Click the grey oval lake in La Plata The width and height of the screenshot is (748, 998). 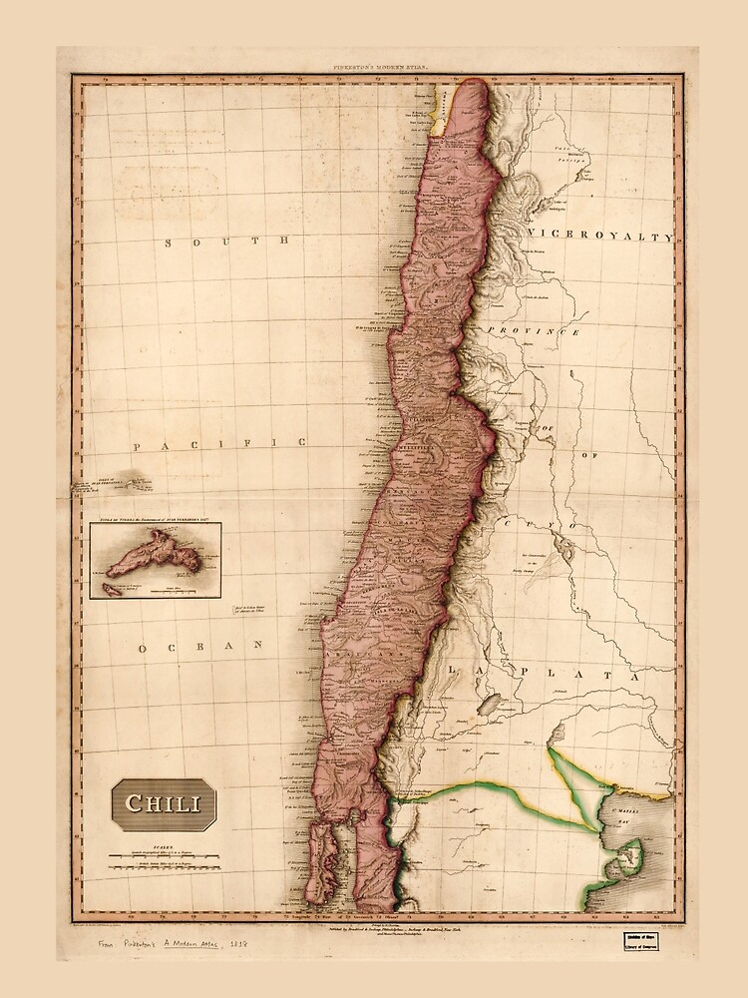[489, 705]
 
